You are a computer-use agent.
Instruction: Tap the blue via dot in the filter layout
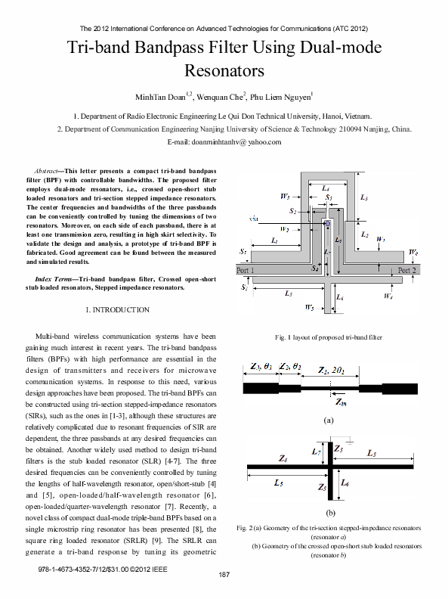327,224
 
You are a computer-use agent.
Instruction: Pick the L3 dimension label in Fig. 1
364,197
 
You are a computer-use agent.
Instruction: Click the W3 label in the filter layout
285,197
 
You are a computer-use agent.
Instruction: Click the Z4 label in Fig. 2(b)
282,459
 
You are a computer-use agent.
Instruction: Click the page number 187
224,576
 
